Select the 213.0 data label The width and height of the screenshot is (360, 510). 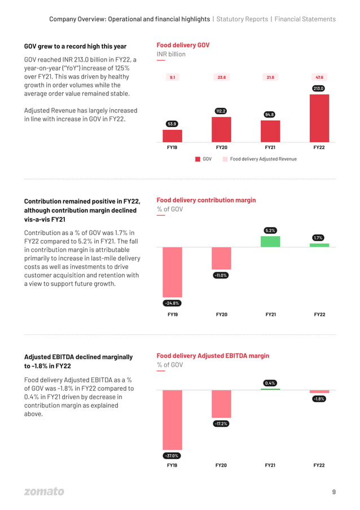coord(319,89)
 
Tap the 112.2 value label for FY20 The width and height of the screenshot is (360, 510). coord(221,111)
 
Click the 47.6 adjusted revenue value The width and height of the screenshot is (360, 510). coord(319,77)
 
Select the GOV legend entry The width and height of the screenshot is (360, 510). coord(204,159)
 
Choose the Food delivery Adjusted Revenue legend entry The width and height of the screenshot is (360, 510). coord(260,159)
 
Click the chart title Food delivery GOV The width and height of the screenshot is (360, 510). coord(183,45)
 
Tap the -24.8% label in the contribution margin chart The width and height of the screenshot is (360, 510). coord(172,303)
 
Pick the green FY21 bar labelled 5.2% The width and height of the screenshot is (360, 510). coord(270,241)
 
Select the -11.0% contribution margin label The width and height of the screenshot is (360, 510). coord(221,275)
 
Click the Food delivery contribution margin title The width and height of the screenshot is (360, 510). coord(206,200)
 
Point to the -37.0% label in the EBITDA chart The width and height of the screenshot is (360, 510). coord(172,456)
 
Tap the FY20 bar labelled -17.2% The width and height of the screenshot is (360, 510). coord(221,404)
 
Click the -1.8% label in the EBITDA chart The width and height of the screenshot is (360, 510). coord(319,399)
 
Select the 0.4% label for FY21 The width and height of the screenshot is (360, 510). coord(270,383)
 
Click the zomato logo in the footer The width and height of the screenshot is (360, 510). coord(44,491)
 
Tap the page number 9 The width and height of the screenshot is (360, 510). coord(333,491)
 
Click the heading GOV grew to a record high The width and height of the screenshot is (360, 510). coord(75,46)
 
